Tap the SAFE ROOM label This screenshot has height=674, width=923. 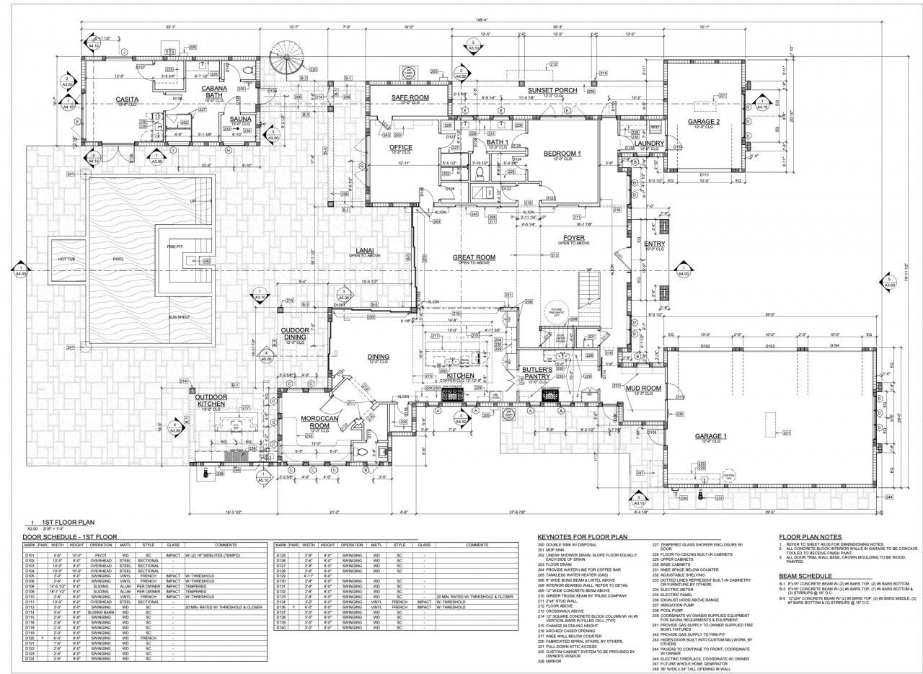point(410,97)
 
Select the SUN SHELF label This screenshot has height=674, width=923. point(181,316)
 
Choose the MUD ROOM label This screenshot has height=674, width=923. point(643,389)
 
